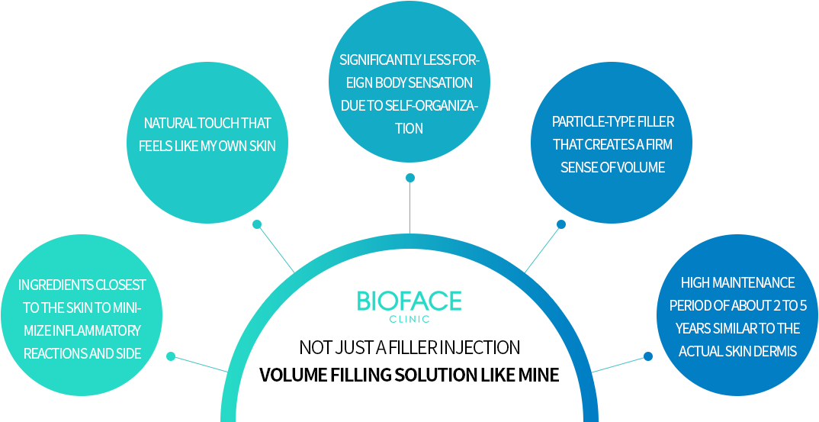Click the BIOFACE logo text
[409, 301]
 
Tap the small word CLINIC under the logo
[409, 320]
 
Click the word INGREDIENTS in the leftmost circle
[51, 285]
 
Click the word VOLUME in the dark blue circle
[641, 167]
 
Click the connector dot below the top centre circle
[410, 178]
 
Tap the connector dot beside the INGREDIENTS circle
[171, 356]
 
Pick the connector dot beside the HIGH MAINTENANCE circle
[648, 356]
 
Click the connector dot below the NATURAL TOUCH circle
[257, 224]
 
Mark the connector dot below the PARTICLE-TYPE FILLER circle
[561, 224]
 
